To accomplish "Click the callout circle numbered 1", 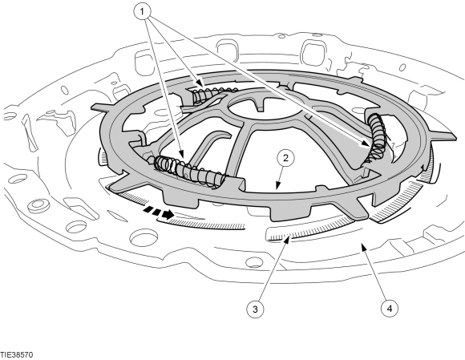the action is pos(142,12).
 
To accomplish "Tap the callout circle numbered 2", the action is pos(285,158).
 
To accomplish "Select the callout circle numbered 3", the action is pos(255,309).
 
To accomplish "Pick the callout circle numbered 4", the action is pos(390,309).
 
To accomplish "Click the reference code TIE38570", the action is pos(17,354).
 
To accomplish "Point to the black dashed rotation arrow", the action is pos(158,212).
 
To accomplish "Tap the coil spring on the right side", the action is pos(375,137).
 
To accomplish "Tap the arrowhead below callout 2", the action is pos(277,186).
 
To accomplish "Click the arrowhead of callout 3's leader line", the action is pos(286,238).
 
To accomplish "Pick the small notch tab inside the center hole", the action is pos(260,105).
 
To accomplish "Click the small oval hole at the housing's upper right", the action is pos(402,67).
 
